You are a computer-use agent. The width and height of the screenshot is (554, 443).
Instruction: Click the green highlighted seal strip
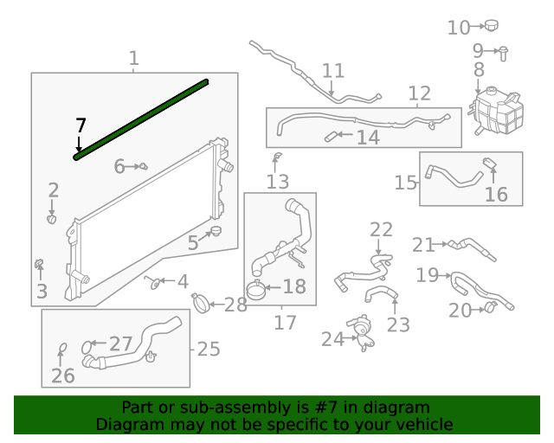tap(143, 119)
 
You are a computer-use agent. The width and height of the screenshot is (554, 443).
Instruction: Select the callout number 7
tap(81, 125)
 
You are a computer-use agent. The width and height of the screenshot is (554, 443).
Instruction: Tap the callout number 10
tap(459, 29)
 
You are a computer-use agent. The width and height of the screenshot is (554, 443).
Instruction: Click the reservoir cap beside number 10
tap(493, 26)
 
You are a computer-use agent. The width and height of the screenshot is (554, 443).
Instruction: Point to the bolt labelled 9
tap(503, 51)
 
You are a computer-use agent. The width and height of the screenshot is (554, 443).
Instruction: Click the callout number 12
tap(419, 93)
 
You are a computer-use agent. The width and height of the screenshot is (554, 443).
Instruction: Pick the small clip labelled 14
tap(332, 136)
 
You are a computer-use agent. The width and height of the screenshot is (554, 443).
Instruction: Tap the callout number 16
tap(496, 195)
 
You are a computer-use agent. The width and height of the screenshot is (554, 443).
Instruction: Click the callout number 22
tap(382, 230)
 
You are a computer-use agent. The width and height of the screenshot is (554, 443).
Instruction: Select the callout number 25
tap(209, 350)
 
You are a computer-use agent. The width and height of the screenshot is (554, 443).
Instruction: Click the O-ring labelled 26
tap(62, 350)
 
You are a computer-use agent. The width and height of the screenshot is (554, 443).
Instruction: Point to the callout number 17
tap(285, 324)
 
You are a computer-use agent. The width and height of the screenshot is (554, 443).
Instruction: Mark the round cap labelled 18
tap(257, 289)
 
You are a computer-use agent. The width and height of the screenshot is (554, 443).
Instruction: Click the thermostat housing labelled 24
tap(364, 332)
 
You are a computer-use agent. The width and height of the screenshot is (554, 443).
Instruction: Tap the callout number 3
tap(42, 292)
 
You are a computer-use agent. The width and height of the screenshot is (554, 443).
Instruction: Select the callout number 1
tap(134, 59)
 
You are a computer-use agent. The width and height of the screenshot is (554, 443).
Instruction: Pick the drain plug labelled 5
tap(215, 230)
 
